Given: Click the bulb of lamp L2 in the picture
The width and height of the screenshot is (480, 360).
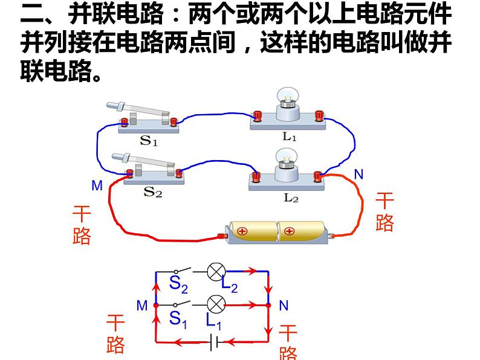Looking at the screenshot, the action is click(288, 156).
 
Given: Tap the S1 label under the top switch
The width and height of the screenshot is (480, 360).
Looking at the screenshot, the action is click(149, 141).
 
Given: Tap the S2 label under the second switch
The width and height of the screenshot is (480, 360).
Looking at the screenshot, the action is click(152, 193).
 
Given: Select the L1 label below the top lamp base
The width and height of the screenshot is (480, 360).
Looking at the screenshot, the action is click(290, 137).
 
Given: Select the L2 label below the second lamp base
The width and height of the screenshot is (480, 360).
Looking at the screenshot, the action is click(291, 197).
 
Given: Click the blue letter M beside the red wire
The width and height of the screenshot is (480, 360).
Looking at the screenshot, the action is click(97, 186).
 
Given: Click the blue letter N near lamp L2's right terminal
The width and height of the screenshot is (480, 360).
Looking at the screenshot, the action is click(358, 175).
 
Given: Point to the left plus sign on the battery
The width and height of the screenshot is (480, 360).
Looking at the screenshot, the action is click(243, 231).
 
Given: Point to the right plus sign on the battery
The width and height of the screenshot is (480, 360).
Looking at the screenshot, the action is click(290, 230).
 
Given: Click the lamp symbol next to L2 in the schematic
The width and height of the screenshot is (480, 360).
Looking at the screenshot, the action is click(216, 272).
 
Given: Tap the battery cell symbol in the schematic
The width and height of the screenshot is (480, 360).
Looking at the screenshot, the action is click(214, 342).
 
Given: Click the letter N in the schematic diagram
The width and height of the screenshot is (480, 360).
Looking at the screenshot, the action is click(284, 306).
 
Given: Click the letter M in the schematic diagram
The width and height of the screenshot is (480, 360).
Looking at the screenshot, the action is click(142, 306).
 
